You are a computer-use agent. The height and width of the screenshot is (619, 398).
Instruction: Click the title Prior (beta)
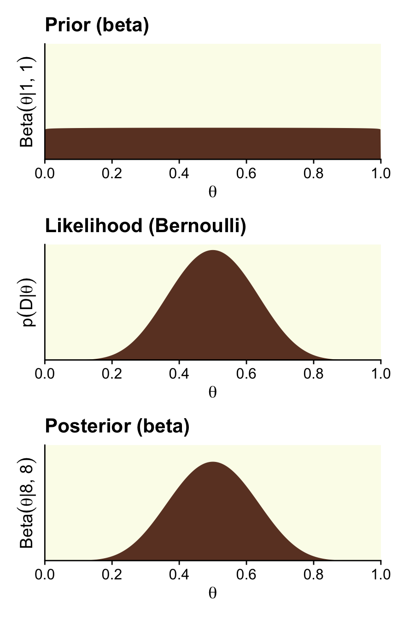click(97, 26)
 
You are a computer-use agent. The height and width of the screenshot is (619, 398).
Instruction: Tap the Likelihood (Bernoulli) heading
click(145, 226)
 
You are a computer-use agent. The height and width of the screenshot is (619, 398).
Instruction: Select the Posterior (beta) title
click(117, 426)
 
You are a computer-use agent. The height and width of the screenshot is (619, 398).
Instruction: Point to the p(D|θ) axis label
click(28, 302)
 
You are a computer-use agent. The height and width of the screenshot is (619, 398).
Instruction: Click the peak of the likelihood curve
click(213, 251)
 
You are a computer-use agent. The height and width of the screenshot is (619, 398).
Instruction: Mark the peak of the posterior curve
click(213, 462)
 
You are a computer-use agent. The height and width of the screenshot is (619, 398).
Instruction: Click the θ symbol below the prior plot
click(212, 192)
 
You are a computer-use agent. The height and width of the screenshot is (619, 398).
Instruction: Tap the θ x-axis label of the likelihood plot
click(212, 392)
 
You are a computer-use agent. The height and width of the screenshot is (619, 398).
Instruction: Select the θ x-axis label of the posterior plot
click(212, 593)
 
